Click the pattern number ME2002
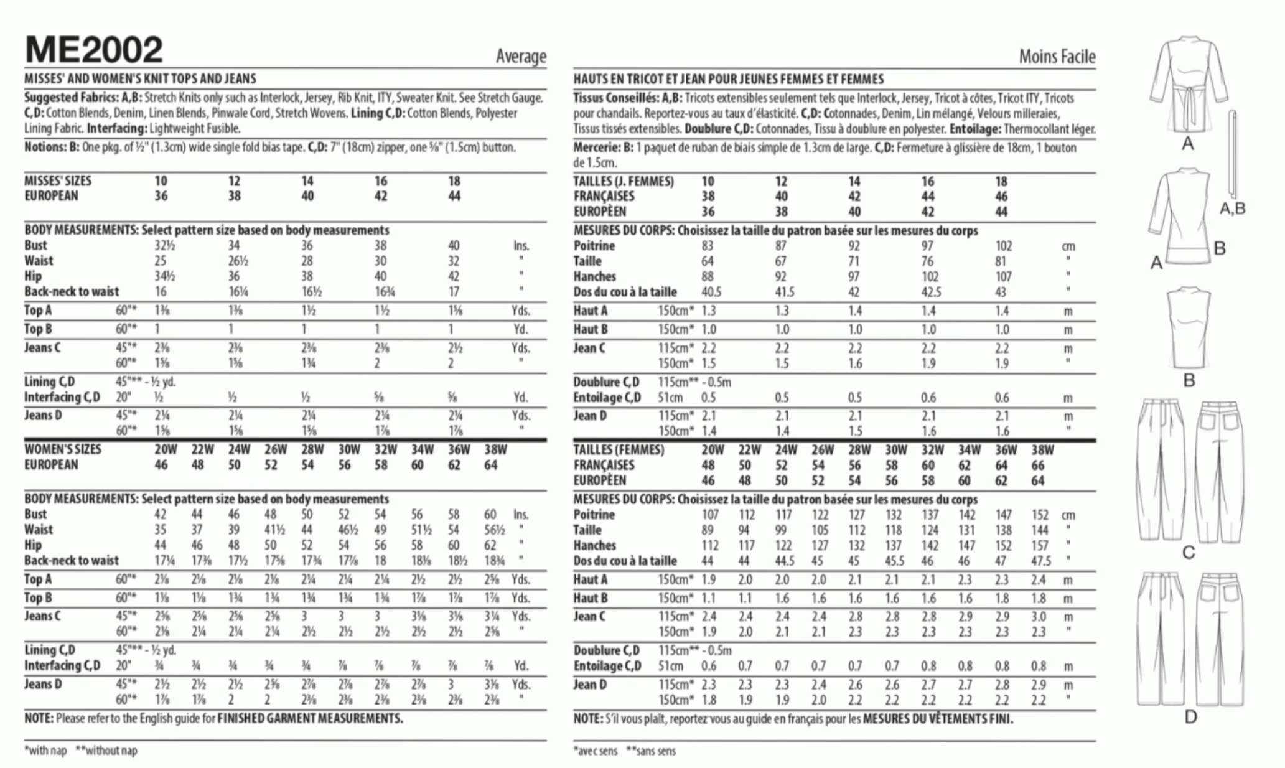coord(93,49)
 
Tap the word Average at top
coord(521,57)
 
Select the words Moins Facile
coord(1057,57)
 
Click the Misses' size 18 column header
coord(454,181)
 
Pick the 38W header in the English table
coord(495,449)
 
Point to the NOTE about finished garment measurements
coord(213,719)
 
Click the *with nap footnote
coord(45,751)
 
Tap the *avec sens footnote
coord(596,751)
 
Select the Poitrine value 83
coord(707,246)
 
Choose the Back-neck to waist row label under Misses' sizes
coord(72,292)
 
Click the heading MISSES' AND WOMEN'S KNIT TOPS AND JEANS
coord(140,79)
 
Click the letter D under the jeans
coord(1190,718)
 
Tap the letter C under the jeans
coord(1189,552)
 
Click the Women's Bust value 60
coord(490,515)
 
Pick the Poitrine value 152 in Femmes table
coord(1039,515)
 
